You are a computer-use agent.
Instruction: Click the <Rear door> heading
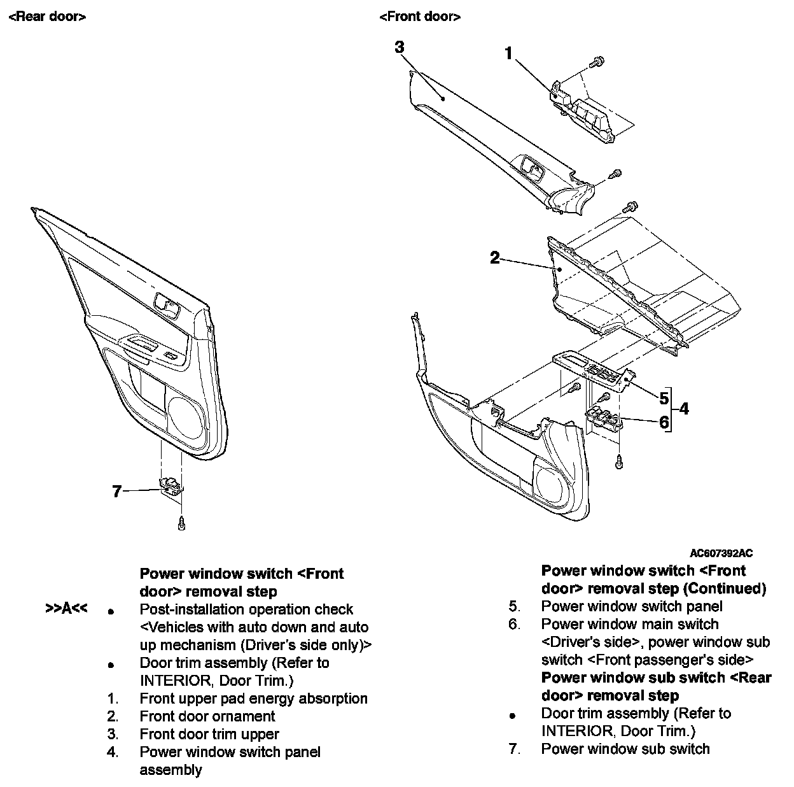coord(47,17)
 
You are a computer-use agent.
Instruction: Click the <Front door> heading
coord(420,17)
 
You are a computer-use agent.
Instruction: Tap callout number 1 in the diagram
coord(508,54)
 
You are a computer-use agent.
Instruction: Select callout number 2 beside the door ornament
coord(494,258)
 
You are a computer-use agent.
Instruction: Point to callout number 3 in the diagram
coord(400,47)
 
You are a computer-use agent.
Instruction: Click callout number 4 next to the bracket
coord(684,409)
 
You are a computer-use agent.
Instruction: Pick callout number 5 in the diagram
coord(664,399)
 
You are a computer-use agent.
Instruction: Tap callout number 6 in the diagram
coord(664,422)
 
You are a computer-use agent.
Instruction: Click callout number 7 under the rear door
coord(116,492)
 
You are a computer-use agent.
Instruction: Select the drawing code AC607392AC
coord(721,554)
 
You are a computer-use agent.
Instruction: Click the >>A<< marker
coord(66,609)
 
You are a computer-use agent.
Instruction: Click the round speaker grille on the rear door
coord(187,418)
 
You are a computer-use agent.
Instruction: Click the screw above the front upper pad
coord(598,62)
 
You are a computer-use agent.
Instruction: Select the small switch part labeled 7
coord(171,485)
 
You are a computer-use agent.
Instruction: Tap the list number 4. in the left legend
coord(113,752)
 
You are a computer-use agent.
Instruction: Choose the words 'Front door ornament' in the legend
coord(207,716)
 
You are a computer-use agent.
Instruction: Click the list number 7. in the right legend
coord(514,749)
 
